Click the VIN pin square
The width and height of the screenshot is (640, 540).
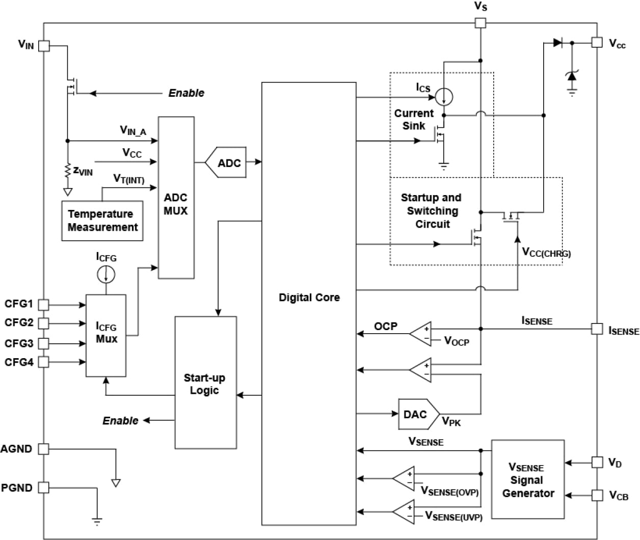coord(44,46)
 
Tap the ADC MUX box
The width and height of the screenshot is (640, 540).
coord(176,198)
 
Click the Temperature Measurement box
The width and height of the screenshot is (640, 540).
coord(102,221)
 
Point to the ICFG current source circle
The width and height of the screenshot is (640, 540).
coord(106,275)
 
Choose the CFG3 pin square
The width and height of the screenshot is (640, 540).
coord(44,343)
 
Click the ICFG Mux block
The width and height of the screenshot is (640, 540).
coord(106,335)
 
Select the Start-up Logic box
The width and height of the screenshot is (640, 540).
coord(205,383)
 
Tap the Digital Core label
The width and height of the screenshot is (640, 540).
coord(309,298)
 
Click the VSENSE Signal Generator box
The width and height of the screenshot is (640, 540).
coord(528,479)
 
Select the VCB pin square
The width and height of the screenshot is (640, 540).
coord(597,495)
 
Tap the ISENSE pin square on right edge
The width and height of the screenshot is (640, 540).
coord(597,329)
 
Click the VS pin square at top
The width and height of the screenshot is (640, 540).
coord(480,23)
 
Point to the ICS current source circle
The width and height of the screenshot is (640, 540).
coord(444,96)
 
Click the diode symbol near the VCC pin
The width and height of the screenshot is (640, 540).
coord(557,43)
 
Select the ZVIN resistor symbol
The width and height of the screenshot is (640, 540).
coord(67,171)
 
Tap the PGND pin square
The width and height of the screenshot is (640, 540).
coord(44,488)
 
